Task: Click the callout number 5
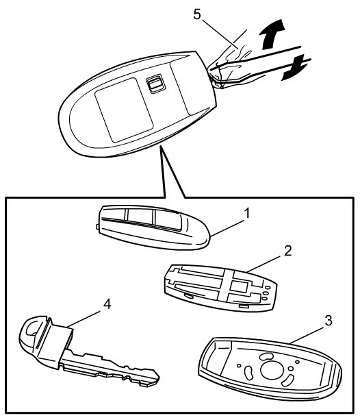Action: coord(196,14)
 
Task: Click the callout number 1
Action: coord(247,214)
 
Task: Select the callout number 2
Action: coord(287,251)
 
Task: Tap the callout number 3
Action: coord(328,321)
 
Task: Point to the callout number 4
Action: coord(107,304)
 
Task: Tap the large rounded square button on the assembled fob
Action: coord(124,110)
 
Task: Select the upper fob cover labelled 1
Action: coord(153,227)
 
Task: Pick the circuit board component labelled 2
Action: coord(220,288)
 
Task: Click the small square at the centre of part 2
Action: coord(239,286)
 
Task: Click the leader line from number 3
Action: coord(308,334)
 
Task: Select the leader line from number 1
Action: coord(227,227)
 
